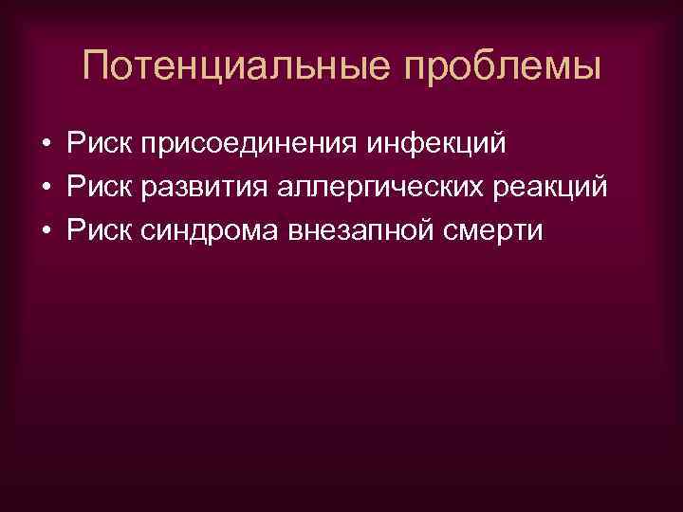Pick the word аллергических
pos(373,189)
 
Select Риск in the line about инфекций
pos(99,143)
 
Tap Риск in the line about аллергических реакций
pos(99,187)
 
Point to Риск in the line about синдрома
pos(99,230)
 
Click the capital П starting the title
pos(97,66)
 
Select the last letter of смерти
pos(538,232)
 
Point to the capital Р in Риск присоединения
pos(75,143)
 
